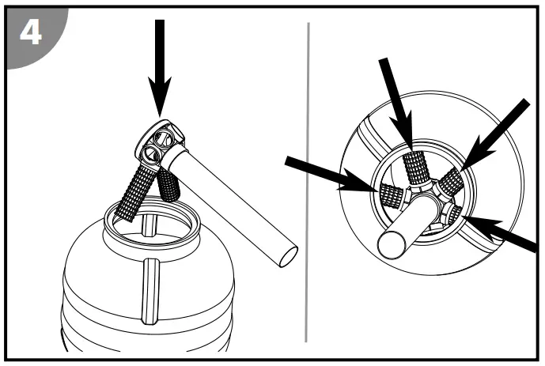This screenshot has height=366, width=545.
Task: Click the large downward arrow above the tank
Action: [x=161, y=63]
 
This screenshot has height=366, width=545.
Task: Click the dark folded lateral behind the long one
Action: [x=168, y=183]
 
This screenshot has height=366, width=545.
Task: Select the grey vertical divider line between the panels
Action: [x=307, y=182]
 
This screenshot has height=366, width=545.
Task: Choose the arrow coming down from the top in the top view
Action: [x=396, y=103]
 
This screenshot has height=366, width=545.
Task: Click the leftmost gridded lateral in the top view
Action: [x=388, y=194]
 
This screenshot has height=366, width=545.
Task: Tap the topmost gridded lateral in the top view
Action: [x=415, y=167]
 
